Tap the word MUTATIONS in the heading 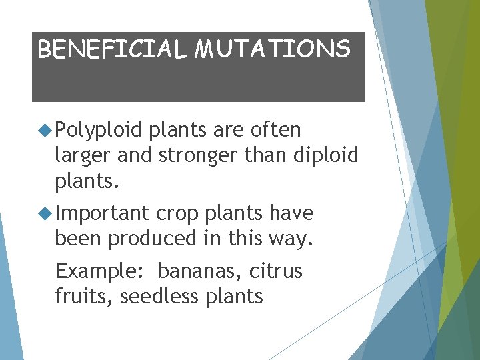[x=272, y=49]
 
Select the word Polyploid [x=99, y=130]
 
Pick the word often [x=275, y=129]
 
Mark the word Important [x=103, y=214]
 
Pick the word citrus [x=277, y=271]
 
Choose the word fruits [x=84, y=295]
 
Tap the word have [x=291, y=213]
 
